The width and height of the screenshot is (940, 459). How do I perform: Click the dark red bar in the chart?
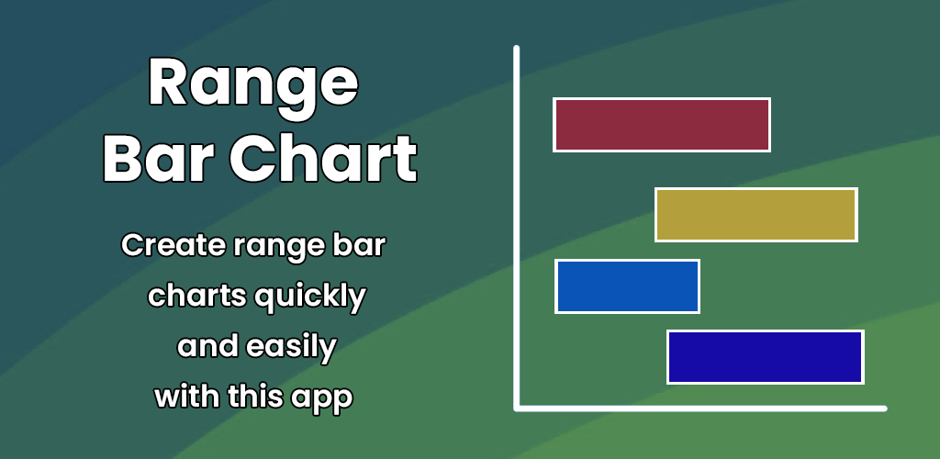pyautogui.click(x=662, y=125)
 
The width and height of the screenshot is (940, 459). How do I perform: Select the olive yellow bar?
pyautogui.click(x=756, y=215)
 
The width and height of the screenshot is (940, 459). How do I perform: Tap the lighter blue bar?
pyautogui.click(x=628, y=286)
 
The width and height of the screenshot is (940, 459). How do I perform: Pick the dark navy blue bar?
pyautogui.click(x=766, y=357)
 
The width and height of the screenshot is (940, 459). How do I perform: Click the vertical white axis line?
pyautogui.click(x=517, y=228)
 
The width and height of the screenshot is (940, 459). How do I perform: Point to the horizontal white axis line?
pyautogui.click(x=700, y=409)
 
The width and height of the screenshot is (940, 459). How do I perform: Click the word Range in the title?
pyautogui.click(x=253, y=83)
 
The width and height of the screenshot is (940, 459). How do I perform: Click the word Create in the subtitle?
pyautogui.click(x=173, y=246)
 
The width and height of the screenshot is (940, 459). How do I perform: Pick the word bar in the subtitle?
pyautogui.click(x=364, y=246)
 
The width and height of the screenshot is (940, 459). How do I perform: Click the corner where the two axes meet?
pyautogui.click(x=517, y=409)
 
